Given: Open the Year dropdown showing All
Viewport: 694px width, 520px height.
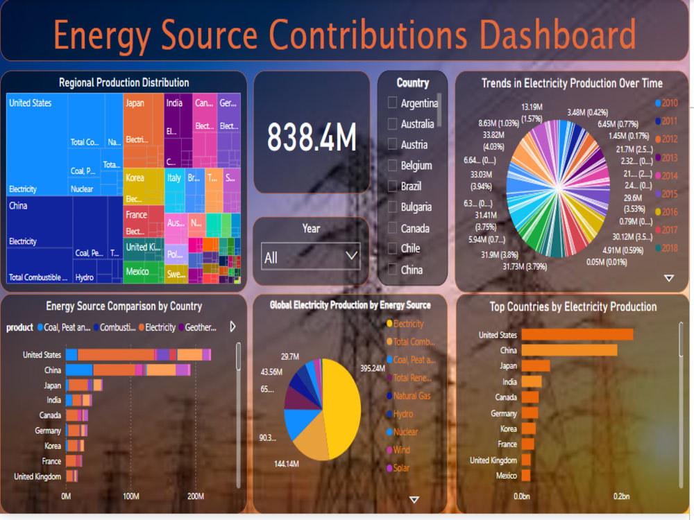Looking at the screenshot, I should [x=311, y=257].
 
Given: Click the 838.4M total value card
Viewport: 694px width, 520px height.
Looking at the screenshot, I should [x=312, y=137].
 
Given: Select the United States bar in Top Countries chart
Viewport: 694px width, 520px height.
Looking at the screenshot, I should [x=577, y=335].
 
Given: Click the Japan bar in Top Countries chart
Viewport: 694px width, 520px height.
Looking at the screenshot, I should [x=535, y=366].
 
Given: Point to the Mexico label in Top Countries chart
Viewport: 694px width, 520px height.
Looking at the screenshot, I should [x=506, y=476].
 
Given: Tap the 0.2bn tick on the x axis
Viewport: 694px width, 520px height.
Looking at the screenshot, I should [x=621, y=496].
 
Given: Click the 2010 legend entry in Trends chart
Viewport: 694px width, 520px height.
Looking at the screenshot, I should [x=666, y=103].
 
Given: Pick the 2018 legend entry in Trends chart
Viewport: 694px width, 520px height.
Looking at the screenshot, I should [x=666, y=248].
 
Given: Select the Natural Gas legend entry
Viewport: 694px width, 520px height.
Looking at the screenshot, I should [x=412, y=396].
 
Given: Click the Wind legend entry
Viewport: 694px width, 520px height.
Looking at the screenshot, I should [x=401, y=450].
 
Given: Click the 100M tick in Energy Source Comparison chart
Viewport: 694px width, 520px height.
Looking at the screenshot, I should [x=130, y=496].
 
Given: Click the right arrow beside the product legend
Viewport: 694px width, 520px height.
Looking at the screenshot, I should [x=232, y=327].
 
